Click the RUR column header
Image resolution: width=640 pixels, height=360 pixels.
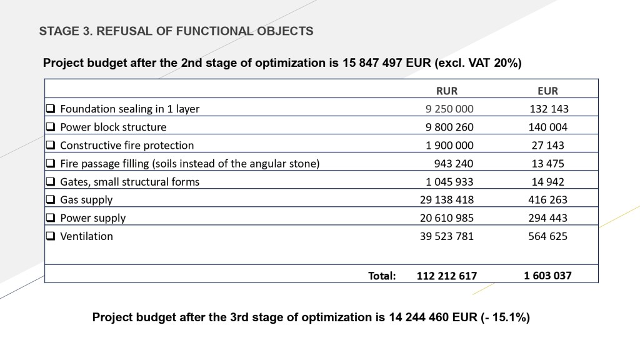[446, 91]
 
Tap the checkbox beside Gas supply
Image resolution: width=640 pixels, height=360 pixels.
[51, 200]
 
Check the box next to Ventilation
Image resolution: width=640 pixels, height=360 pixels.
[51, 236]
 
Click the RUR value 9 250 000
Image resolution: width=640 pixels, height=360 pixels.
[449, 109]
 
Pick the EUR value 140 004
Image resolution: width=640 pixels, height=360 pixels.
[549, 127]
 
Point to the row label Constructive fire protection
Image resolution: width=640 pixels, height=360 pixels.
[127, 145]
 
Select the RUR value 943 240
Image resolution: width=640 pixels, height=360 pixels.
[454, 164]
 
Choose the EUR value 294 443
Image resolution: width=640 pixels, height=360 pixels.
[548, 218]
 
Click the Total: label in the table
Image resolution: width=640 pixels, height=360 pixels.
[382, 275]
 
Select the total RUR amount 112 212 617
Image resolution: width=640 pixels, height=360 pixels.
[446, 276]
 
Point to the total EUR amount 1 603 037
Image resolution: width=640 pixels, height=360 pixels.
[547, 275]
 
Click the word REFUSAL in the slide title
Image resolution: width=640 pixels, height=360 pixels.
[122, 31]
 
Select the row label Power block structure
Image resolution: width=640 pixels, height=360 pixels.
[113, 127]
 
